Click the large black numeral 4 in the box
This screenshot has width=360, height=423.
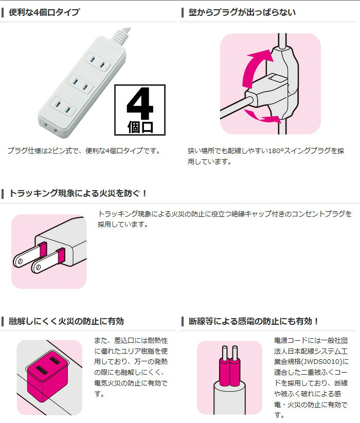140,103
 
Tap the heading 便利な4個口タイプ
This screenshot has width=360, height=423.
44,12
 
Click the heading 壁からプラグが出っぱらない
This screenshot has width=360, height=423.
242,12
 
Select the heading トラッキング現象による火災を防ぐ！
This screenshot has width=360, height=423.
78,193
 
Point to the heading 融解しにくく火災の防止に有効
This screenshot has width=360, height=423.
66,321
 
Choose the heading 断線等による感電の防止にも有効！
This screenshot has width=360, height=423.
254,321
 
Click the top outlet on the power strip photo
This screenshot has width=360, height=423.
97,62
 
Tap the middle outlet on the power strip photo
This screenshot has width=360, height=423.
80,84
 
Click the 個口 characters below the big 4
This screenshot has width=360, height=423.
140,127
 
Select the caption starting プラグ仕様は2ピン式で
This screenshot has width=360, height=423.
84,151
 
